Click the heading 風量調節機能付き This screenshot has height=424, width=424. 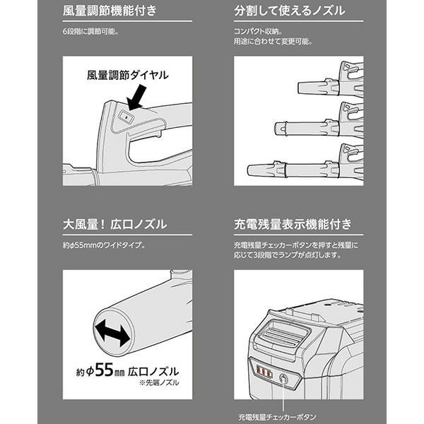(110, 11)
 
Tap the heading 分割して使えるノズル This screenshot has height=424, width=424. (289, 11)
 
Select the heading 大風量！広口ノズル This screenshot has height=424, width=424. (114, 224)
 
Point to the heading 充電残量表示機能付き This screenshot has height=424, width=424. (293, 224)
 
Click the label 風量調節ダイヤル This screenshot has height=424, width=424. (128, 75)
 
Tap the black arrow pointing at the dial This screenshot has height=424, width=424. (137, 98)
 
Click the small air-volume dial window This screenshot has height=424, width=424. (126, 117)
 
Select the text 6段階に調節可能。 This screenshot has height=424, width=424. (91, 32)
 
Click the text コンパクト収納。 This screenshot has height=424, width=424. (258, 32)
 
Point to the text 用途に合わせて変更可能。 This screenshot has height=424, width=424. (273, 42)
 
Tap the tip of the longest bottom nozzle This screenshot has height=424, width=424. (249, 170)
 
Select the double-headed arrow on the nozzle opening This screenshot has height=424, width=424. (112, 332)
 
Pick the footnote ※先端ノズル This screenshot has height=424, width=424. (159, 382)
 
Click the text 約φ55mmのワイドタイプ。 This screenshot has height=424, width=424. (105, 245)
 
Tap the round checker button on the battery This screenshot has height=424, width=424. (283, 378)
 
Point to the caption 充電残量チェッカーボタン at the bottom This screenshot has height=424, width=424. (278, 417)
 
